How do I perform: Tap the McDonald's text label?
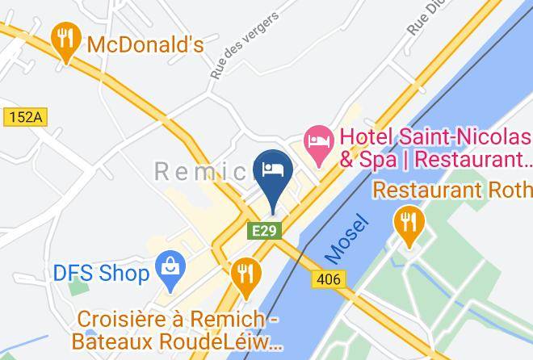coord(145,44)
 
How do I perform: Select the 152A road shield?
coord(25,117)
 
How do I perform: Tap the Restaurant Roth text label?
coord(452,190)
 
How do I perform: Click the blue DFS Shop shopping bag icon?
coord(171,272)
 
